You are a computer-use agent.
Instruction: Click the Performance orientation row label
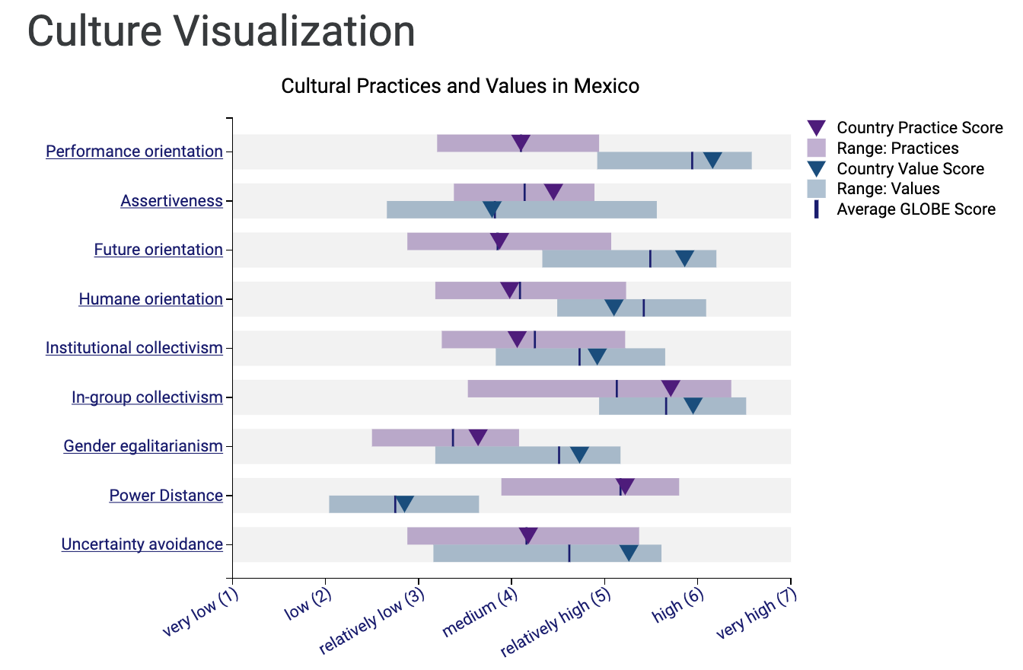click(x=134, y=152)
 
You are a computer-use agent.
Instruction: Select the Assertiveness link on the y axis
click(x=171, y=201)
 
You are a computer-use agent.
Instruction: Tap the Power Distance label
click(x=166, y=496)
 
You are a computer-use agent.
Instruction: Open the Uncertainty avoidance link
click(x=142, y=544)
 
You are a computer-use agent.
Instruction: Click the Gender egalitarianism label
click(x=143, y=446)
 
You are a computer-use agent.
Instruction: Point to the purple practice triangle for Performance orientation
click(x=521, y=142)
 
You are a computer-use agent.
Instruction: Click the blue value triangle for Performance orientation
click(x=712, y=159)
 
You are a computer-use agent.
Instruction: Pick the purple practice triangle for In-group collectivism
click(x=671, y=388)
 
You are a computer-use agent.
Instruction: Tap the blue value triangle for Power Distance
click(x=405, y=503)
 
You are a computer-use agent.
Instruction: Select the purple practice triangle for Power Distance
click(x=625, y=486)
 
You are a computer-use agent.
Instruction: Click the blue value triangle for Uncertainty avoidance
click(x=629, y=552)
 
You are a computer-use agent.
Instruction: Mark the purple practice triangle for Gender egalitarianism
click(x=478, y=437)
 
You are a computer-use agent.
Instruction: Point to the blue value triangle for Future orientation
click(x=685, y=258)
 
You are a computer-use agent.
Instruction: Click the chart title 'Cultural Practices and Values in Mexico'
click(x=460, y=86)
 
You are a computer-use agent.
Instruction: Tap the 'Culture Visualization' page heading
click(x=221, y=32)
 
